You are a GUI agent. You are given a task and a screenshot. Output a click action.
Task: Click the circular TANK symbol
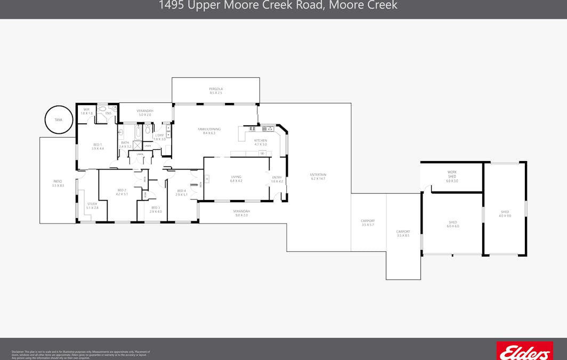coord(58,120)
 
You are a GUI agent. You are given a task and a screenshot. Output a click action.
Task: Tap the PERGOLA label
coord(216,89)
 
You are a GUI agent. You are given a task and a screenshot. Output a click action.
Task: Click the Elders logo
coord(524,352)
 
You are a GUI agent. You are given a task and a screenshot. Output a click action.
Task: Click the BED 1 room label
coord(98,145)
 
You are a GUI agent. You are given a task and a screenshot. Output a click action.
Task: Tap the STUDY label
coord(92,204)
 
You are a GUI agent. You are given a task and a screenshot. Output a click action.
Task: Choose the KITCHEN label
coord(261,141)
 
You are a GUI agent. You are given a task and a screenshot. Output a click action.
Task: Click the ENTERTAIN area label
coord(318,175)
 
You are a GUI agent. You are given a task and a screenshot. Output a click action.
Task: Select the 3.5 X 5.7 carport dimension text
coord(368,225)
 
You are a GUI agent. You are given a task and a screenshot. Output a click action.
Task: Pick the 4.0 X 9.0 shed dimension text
coord(505,216)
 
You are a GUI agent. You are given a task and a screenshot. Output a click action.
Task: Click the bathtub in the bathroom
coord(138,131)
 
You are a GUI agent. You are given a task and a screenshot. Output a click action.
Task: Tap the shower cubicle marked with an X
coord(137,146)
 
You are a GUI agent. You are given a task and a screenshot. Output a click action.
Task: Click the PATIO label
coord(58,181)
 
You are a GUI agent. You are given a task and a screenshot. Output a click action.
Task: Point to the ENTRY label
coord(277,178)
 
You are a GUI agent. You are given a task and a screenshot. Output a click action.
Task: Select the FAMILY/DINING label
coord(209,129)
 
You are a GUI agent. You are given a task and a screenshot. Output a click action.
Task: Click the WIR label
coord(86,109)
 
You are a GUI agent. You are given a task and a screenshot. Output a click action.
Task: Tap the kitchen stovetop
coord(268,129)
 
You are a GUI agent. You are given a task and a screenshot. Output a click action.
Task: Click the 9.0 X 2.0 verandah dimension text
coord(241,215)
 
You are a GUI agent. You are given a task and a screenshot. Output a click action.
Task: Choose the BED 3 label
coord(155,207)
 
